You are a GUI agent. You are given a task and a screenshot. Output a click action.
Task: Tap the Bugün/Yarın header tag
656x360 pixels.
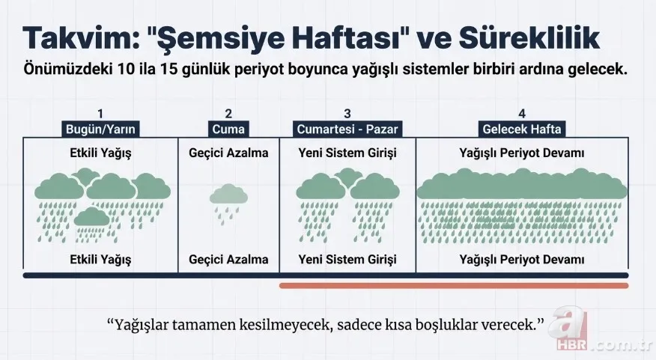tap(101, 129)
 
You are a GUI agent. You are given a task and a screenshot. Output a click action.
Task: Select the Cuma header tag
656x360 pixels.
tap(228, 129)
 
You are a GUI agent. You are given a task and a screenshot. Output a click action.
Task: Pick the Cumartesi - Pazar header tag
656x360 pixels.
tap(347, 129)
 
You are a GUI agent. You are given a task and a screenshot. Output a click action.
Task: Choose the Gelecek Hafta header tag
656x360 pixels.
tap(522, 129)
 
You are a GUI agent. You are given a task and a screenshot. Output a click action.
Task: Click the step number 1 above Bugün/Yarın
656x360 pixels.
tap(100, 115)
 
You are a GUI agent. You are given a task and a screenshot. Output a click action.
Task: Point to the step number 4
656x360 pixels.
tap(521, 115)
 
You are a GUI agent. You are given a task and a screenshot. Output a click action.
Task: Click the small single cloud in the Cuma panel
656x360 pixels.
tap(228, 195)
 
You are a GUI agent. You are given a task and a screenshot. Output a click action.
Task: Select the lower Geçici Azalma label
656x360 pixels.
tap(228, 260)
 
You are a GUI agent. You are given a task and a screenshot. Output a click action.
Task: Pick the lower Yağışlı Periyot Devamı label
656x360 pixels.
tap(522, 260)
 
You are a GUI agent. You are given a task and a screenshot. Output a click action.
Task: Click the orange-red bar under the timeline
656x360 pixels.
tap(454, 285)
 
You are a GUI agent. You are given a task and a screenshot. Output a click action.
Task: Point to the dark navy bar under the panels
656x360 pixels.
tap(150, 275)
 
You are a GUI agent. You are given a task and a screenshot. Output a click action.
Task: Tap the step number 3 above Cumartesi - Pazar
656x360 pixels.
tap(347, 115)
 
